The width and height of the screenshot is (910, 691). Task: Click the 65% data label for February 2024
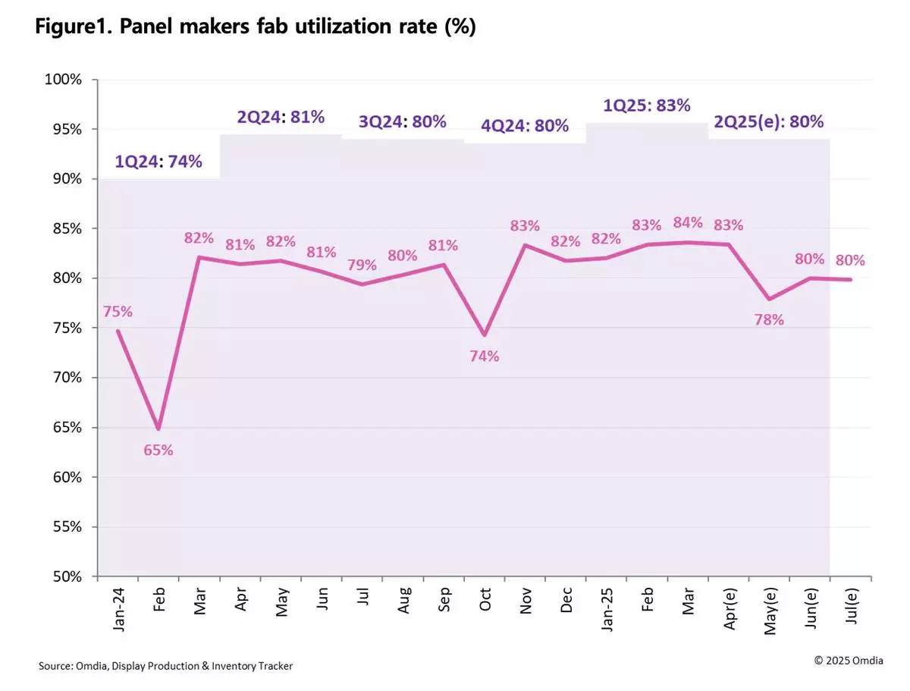158,450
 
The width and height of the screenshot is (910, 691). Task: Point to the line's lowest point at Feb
158,429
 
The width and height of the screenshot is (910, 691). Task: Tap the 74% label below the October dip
484,355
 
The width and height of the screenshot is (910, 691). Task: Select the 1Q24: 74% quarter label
158,162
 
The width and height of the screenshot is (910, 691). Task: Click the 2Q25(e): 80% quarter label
767,121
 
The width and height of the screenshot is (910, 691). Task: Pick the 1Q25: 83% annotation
646,105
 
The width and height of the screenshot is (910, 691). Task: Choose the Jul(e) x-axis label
851,606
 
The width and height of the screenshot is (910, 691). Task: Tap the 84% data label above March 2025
688,222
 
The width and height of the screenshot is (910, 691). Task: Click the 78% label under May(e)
769,319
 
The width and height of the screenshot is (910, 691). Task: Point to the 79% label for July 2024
362,265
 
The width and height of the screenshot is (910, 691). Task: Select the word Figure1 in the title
72,27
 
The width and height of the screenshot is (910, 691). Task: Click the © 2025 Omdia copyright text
849,661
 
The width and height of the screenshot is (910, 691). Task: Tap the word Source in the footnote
56,666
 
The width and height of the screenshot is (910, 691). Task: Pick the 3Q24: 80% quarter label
402,121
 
